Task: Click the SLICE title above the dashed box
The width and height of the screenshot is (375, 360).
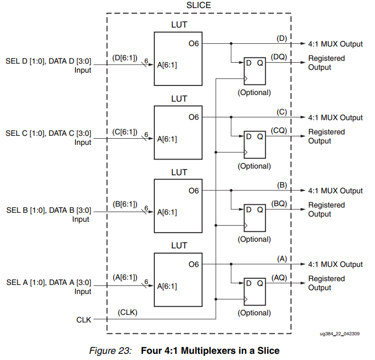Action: [x=198, y=5]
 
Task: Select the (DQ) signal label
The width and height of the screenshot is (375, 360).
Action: [x=279, y=57]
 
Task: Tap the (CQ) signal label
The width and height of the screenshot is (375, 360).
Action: [x=279, y=131]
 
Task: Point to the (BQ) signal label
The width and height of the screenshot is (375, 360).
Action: [x=279, y=204]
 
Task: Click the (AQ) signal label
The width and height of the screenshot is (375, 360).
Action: [x=279, y=277]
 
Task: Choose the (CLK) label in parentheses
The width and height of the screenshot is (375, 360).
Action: [x=127, y=312]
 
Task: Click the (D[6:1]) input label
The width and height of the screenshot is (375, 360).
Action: [x=125, y=58]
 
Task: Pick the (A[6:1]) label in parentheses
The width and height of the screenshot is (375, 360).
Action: [x=125, y=277]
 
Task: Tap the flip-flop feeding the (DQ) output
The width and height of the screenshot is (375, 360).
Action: [x=254, y=70]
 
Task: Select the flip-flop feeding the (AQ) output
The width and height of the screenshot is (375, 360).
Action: [x=254, y=290]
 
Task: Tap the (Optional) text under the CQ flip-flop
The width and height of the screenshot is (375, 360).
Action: [x=254, y=166]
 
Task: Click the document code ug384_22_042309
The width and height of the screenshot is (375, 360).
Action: [x=339, y=334]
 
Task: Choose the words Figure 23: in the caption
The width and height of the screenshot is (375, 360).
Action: [x=110, y=351]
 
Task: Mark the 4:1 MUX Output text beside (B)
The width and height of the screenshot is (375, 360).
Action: [x=335, y=191]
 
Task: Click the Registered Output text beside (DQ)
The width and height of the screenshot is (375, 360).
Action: [x=327, y=63]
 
